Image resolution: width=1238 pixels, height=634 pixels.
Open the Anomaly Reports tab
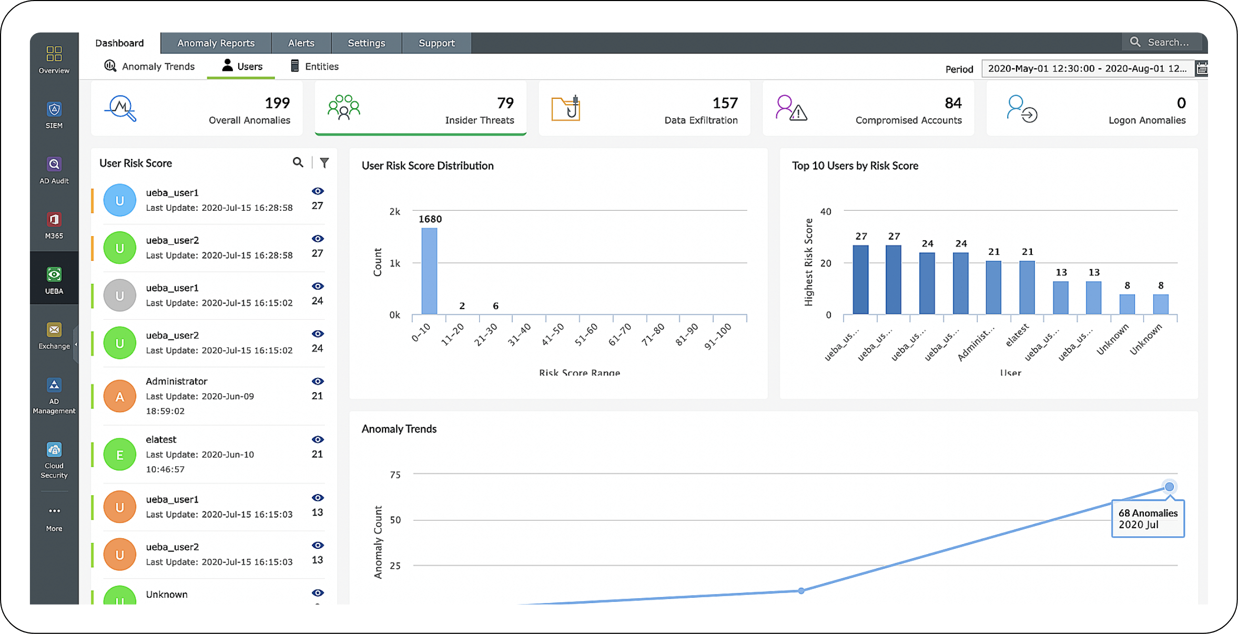click(216, 43)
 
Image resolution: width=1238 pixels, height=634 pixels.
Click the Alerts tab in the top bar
click(301, 43)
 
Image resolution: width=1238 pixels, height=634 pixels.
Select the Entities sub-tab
click(314, 66)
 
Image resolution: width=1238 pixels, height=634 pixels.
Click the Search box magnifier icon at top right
click(1135, 42)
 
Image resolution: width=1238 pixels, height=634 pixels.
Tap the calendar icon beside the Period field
click(1202, 68)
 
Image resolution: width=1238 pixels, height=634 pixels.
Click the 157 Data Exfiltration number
click(725, 103)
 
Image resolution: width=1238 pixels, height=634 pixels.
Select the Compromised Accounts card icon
click(791, 108)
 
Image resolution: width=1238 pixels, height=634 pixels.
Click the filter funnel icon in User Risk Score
click(324, 163)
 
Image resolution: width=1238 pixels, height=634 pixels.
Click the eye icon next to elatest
click(318, 439)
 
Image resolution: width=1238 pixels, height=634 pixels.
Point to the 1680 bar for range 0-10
click(429, 271)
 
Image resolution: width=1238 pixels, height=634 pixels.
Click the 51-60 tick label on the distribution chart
click(586, 334)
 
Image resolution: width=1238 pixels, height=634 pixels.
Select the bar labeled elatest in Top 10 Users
click(1027, 287)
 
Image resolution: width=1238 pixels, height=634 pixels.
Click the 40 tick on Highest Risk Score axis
click(826, 211)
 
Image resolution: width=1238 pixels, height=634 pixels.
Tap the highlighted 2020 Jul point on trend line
click(1169, 487)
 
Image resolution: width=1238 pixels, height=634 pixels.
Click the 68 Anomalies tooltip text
click(1148, 513)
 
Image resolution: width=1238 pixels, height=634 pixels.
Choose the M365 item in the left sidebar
click(54, 225)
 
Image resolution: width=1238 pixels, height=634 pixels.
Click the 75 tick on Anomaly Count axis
click(395, 475)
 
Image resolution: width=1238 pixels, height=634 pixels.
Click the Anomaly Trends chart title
click(399, 429)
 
